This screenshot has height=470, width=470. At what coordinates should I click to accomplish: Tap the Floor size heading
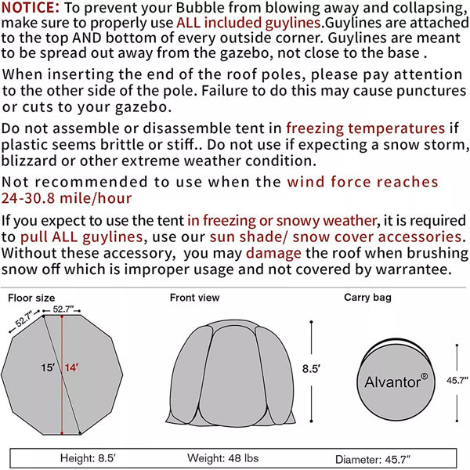(x=31, y=298)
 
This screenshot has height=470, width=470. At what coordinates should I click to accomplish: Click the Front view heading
(x=195, y=298)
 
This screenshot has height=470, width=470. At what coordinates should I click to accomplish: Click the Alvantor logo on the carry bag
(x=396, y=382)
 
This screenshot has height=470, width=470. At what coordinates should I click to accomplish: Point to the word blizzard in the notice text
(x=36, y=162)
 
